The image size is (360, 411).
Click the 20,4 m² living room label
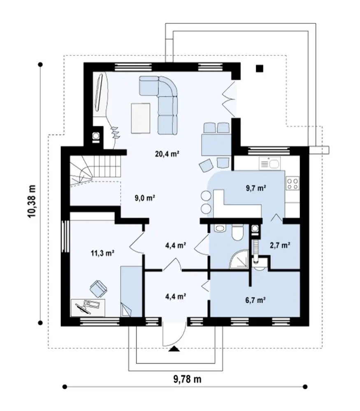(x=167, y=154)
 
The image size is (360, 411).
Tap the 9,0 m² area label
(x=144, y=198)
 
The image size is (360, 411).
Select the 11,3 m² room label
(x=102, y=253)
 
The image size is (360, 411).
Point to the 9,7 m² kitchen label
(x=256, y=188)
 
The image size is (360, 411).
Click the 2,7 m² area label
(x=280, y=245)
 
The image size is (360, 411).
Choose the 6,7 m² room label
(x=255, y=300)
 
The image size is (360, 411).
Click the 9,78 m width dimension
(x=187, y=379)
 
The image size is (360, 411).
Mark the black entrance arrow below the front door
(x=174, y=349)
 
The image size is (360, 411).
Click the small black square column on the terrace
(x=260, y=69)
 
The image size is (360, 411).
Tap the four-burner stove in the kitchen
(x=293, y=183)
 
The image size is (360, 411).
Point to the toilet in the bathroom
(x=238, y=232)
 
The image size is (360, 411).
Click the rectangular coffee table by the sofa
(x=141, y=118)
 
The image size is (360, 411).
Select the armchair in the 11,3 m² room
(x=98, y=289)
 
